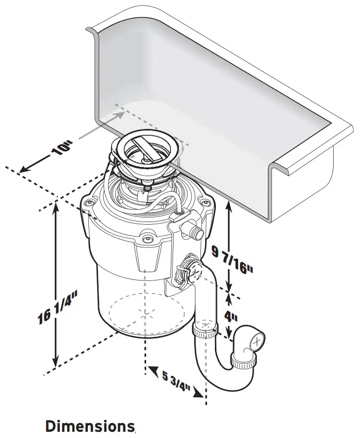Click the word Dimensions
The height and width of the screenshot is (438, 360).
(x=89, y=427)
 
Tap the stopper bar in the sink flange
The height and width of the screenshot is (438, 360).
(x=146, y=147)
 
